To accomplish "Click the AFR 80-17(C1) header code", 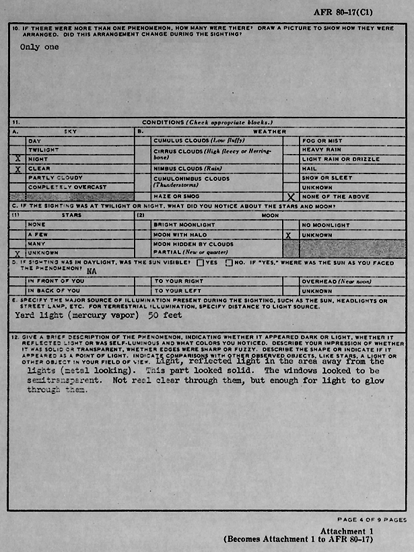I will (342, 12).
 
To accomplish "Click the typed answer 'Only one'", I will (39, 47).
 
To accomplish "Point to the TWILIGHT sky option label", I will (44, 150).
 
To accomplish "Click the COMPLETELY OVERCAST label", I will (67, 187).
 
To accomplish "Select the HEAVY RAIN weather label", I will (322, 150).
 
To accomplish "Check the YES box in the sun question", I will (200, 263).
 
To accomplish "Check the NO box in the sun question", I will (230, 263).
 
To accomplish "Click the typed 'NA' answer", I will (92, 271).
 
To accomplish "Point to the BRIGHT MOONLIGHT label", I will (184, 223).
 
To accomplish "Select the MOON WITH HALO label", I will (181, 235).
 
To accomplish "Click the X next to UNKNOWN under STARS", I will (18, 253).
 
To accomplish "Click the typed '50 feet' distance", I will (165, 315).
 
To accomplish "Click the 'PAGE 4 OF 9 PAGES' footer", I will (372, 520).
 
